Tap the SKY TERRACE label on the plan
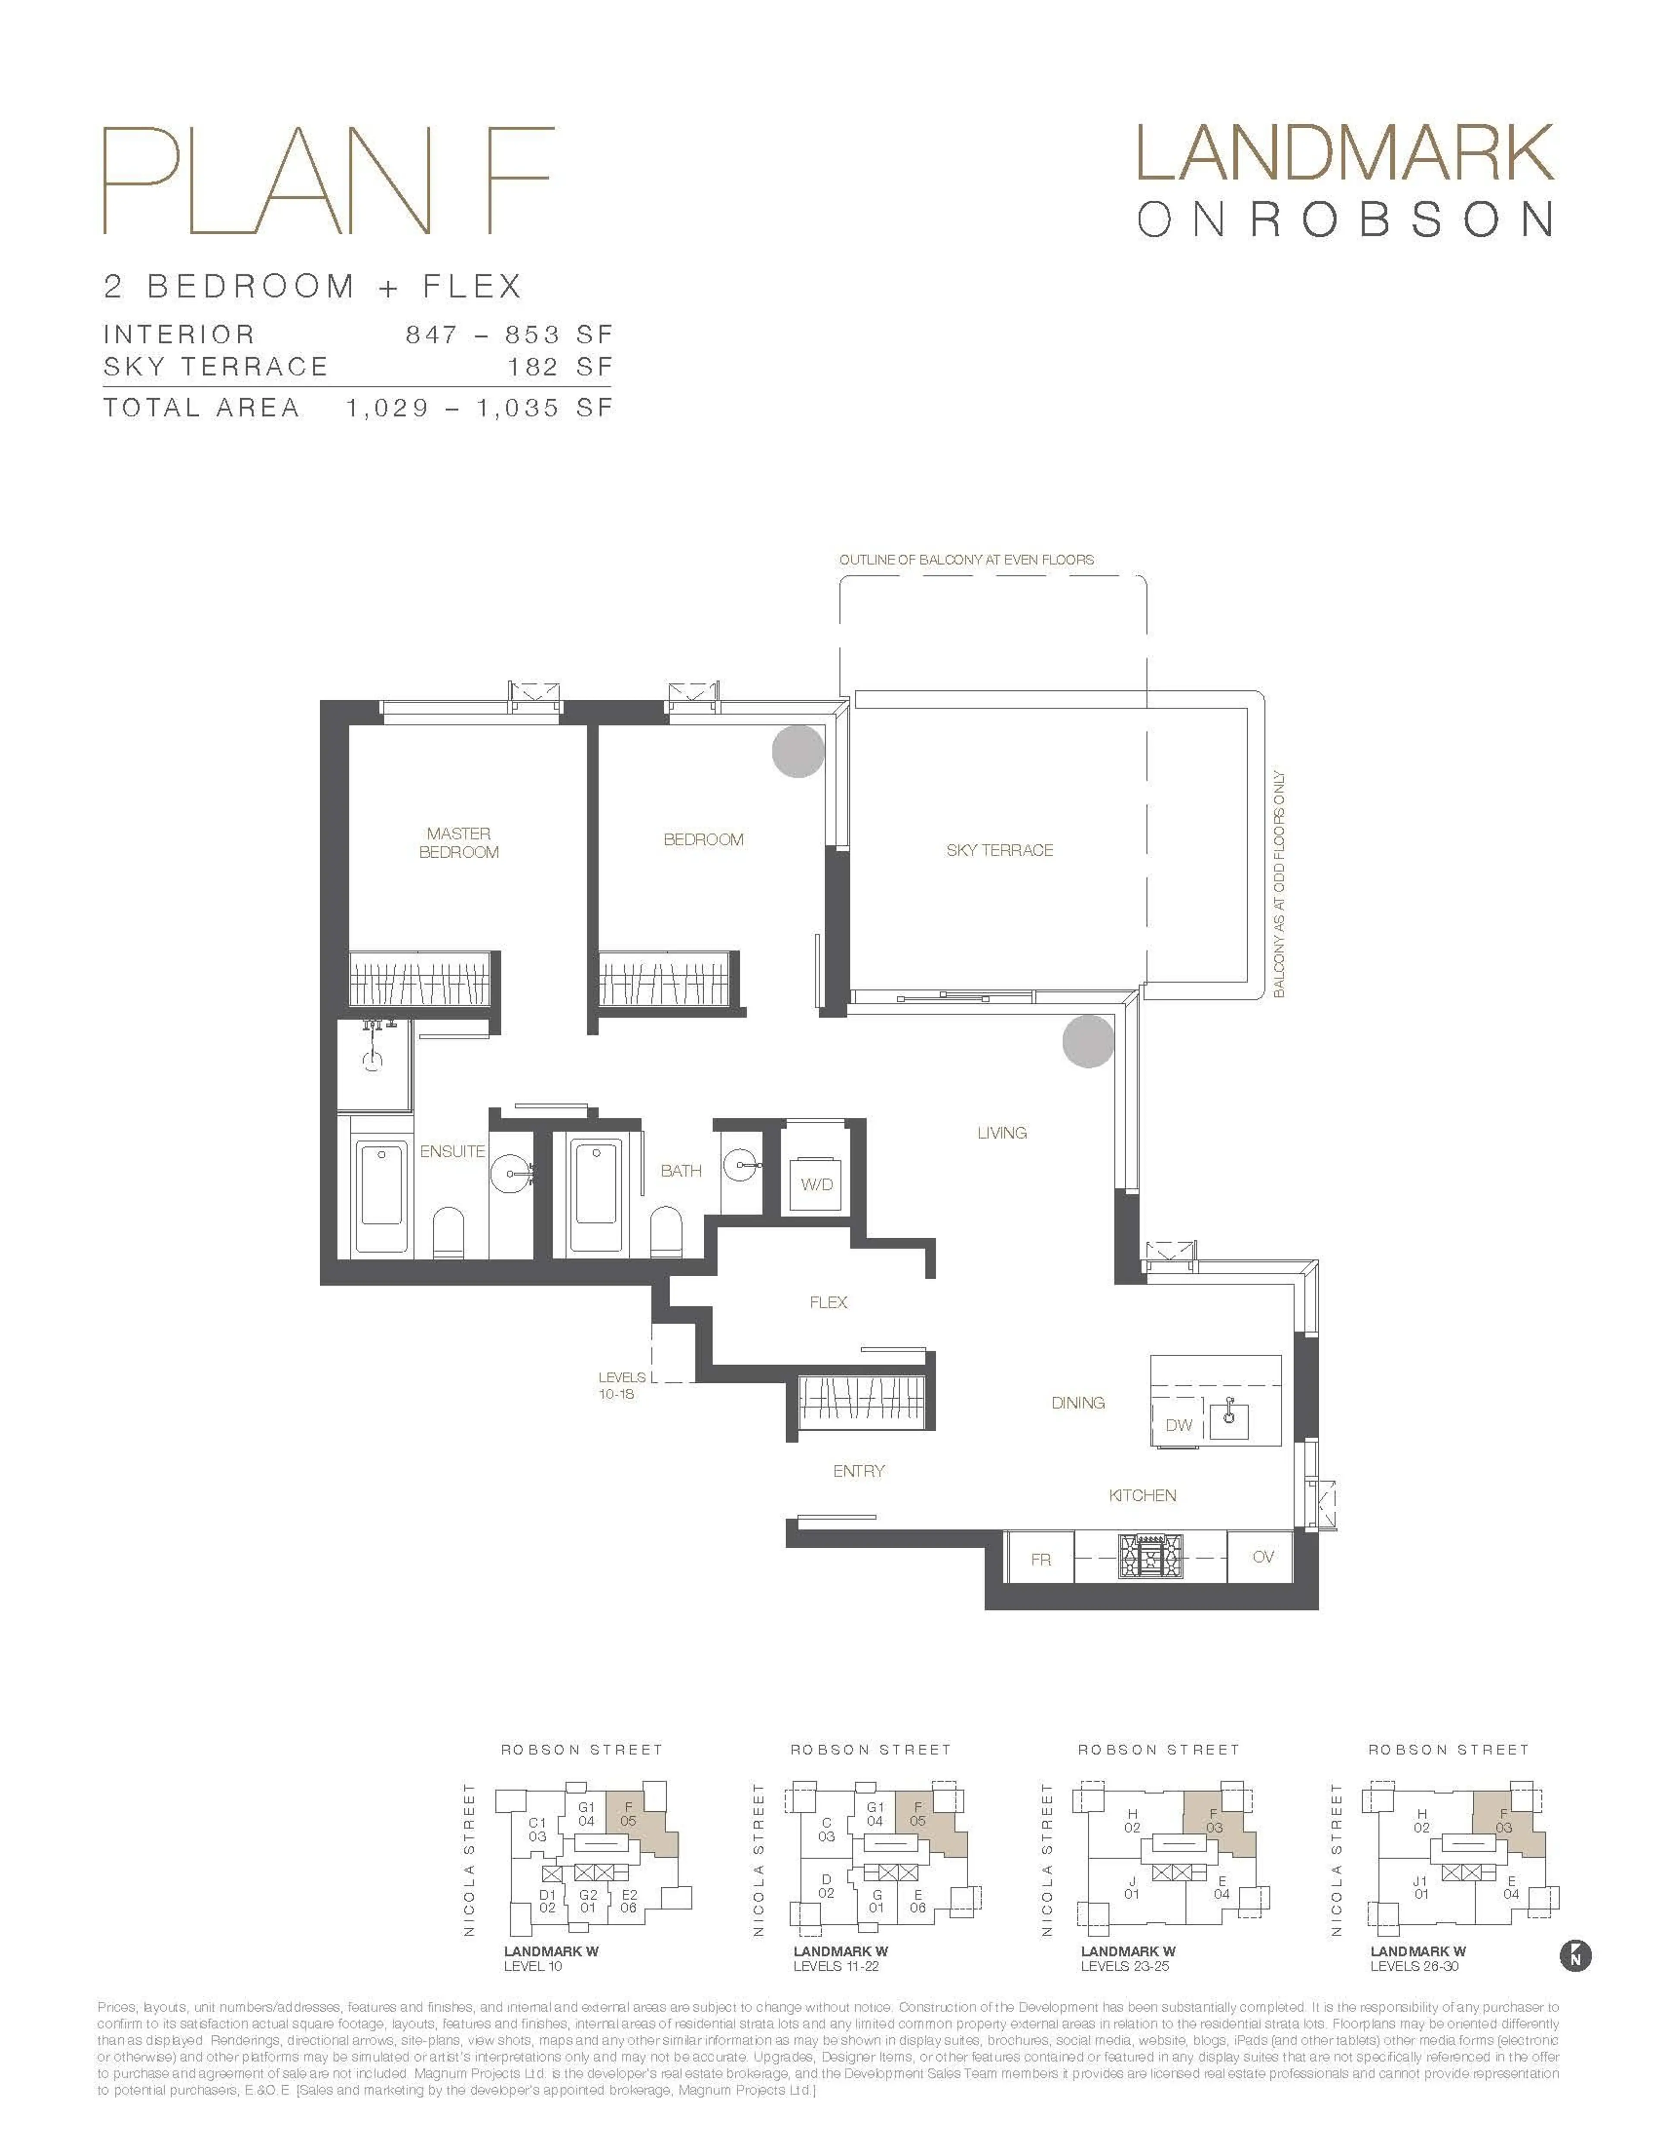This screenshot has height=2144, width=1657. [x=999, y=850]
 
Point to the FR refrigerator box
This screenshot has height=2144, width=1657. [x=1040, y=1558]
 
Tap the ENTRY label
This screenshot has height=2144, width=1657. [x=859, y=1470]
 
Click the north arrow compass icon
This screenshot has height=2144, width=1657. [x=1575, y=1955]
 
